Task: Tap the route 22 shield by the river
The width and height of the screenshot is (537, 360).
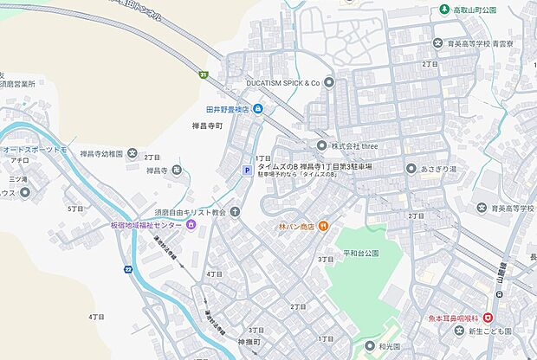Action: [x=128, y=270]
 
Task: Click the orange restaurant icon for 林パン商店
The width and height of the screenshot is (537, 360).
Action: [x=321, y=226]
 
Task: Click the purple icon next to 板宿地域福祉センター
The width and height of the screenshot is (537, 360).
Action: [x=191, y=226]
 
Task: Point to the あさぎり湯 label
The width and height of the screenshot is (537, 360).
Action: [x=448, y=170]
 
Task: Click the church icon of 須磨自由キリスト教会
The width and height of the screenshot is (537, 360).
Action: [x=234, y=212]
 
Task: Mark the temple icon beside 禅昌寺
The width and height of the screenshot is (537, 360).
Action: [x=177, y=170]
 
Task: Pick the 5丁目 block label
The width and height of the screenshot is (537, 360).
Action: [x=74, y=209]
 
